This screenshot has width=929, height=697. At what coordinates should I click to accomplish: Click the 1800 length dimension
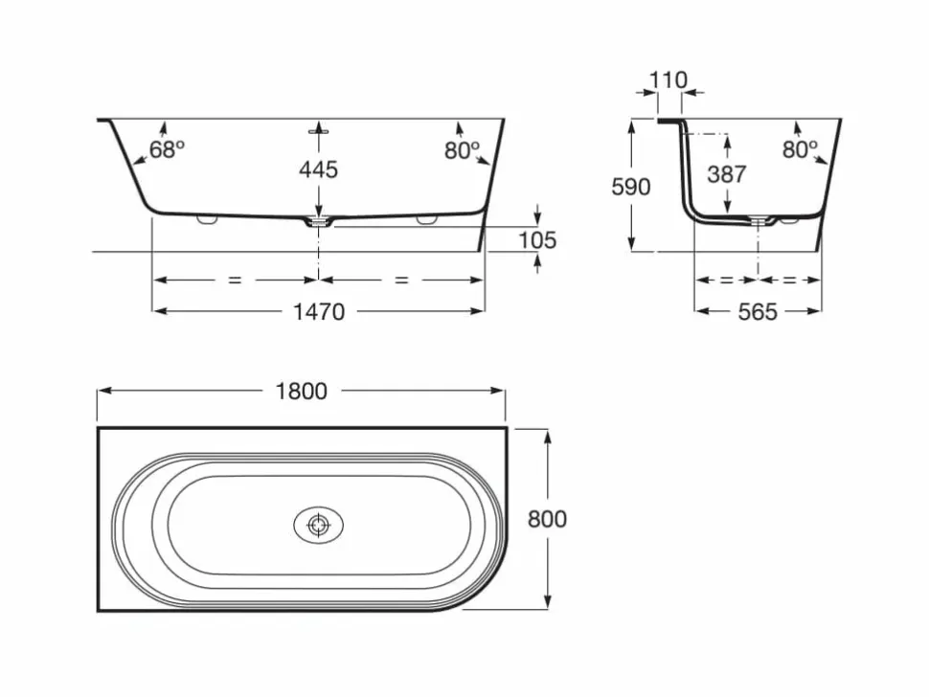click(x=301, y=391)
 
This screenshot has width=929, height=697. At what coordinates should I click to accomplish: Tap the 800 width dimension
click(x=547, y=519)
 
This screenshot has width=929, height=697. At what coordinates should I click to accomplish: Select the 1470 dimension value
click(x=319, y=311)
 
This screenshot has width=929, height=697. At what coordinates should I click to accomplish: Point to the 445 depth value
click(x=318, y=170)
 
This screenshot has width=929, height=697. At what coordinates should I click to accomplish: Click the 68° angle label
click(x=167, y=149)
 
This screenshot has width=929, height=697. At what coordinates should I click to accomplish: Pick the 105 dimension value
click(x=537, y=240)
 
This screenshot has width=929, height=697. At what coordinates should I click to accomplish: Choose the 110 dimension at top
click(x=668, y=80)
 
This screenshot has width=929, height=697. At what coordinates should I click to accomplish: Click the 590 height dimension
click(x=631, y=187)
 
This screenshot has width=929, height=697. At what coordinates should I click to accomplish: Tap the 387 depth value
click(x=726, y=174)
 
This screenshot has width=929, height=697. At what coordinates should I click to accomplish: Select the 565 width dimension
click(x=758, y=311)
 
